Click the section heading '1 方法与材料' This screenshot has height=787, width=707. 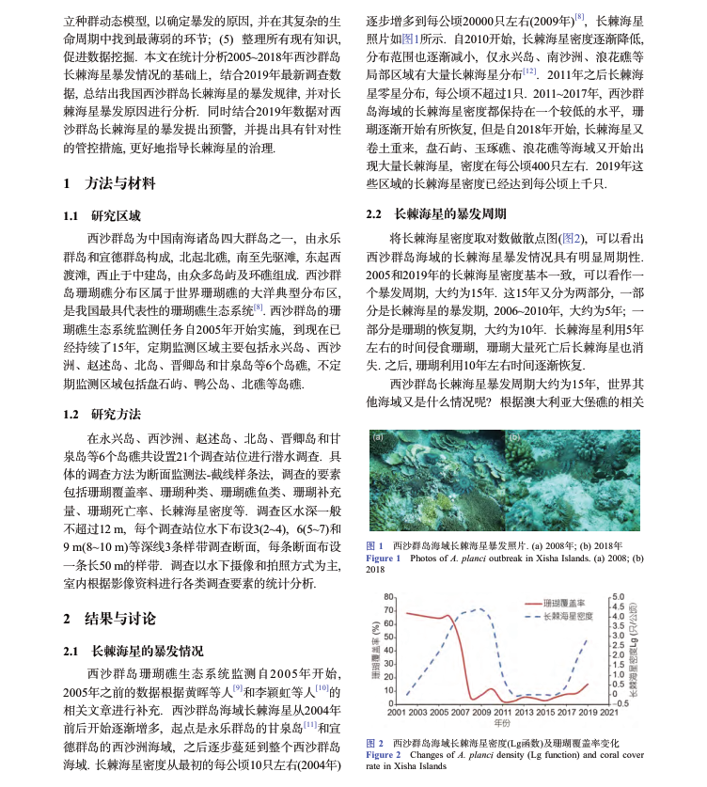click(x=109, y=183)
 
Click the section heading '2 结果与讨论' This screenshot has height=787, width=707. click(x=109, y=618)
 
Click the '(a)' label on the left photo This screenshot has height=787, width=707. click(x=377, y=437)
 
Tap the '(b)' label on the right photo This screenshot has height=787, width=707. click(x=513, y=437)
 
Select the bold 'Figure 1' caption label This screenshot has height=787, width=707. click(x=384, y=558)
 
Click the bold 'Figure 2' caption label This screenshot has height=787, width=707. click(x=384, y=755)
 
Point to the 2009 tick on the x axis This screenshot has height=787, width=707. click(x=480, y=713)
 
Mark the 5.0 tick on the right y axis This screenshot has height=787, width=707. click(x=620, y=597)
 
